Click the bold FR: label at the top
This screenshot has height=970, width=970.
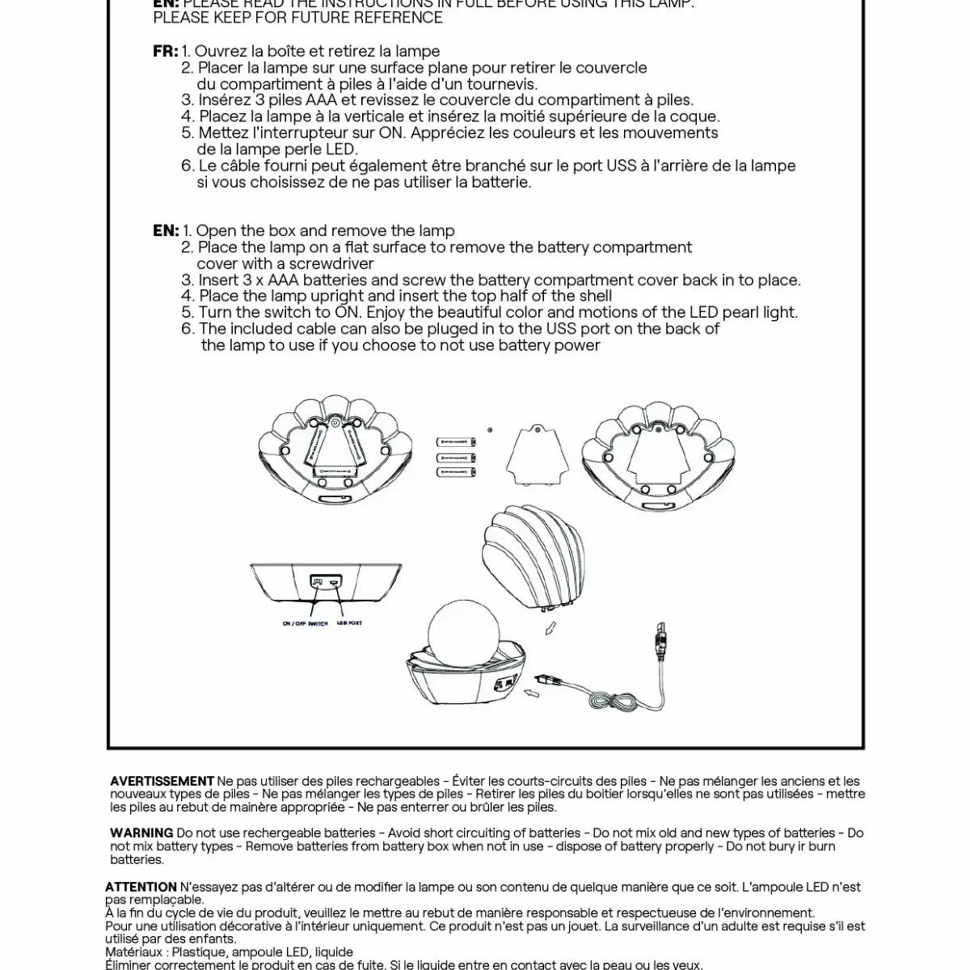point(165,52)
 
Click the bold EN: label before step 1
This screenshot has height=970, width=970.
point(165,230)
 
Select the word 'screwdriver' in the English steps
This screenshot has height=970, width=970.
point(331,264)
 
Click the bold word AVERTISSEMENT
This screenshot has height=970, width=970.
point(162,781)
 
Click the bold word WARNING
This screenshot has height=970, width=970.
point(141,833)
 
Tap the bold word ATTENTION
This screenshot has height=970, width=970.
point(141,887)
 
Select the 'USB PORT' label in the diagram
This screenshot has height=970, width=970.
point(349,623)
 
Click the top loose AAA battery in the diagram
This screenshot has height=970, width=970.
point(458,442)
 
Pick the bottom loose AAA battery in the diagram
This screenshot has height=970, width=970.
point(458,471)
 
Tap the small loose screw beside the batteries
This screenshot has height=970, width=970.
point(491,430)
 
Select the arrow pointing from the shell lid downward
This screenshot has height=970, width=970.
point(549,628)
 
